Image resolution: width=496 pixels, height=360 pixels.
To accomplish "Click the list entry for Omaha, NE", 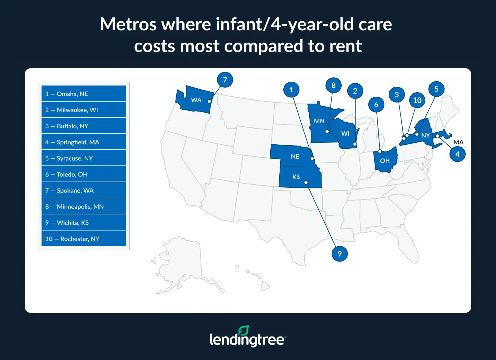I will pyautogui.click(x=83, y=94).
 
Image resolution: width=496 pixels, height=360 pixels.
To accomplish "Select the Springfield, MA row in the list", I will pyautogui.click(x=83, y=142).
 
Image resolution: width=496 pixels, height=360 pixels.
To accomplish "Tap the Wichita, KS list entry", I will pyautogui.click(x=83, y=222).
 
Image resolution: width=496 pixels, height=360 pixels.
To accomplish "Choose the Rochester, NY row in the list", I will pyautogui.click(x=83, y=239).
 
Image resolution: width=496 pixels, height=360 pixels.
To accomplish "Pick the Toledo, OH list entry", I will pyautogui.click(x=83, y=174).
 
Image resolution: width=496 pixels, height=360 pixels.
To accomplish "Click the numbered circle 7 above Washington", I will pyautogui.click(x=225, y=80).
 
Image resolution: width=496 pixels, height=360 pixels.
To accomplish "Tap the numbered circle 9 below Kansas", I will pyautogui.click(x=339, y=254).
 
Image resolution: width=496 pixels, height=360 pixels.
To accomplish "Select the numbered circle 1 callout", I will pyautogui.click(x=291, y=90).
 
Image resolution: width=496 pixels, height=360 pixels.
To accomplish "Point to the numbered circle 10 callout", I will pyautogui.click(x=417, y=100).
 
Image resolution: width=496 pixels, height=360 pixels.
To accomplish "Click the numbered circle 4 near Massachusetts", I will pyautogui.click(x=457, y=154).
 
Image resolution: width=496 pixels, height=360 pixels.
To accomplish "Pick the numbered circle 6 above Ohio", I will pyautogui.click(x=376, y=104).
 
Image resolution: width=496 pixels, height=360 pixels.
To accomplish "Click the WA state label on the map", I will pyautogui.click(x=196, y=100).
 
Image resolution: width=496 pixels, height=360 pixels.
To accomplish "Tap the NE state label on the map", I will pyautogui.click(x=295, y=156).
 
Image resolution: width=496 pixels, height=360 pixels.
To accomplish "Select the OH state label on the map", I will pyautogui.click(x=385, y=161).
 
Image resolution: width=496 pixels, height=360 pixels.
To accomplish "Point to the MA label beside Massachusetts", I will pyautogui.click(x=458, y=142).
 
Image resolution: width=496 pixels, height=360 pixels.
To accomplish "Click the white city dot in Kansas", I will pyautogui.click(x=306, y=182).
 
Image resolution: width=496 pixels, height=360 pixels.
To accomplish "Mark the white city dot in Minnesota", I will pyautogui.click(x=327, y=132).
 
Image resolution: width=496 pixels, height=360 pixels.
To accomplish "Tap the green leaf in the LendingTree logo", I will pyautogui.click(x=244, y=330).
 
